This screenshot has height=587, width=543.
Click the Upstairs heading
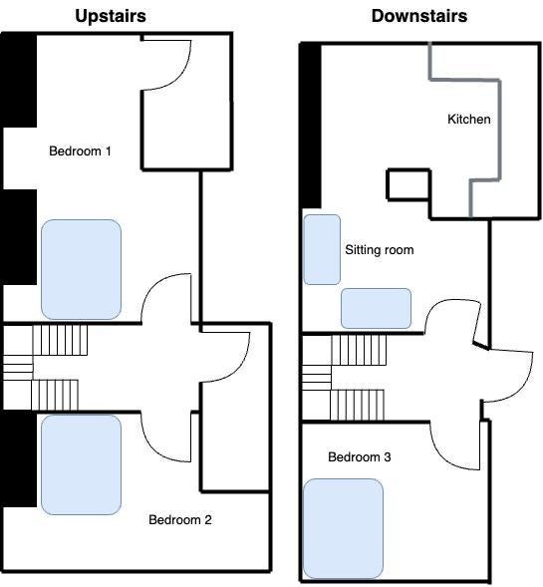pyautogui.click(x=111, y=17)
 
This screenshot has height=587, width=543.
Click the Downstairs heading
pyautogui.click(x=419, y=16)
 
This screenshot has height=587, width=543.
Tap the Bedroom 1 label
pyautogui.click(x=80, y=151)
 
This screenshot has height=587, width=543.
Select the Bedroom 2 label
pyautogui.click(x=180, y=519)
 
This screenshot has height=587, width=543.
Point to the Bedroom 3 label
pyautogui.click(x=360, y=457)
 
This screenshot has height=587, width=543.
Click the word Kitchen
pyautogui.click(x=469, y=119)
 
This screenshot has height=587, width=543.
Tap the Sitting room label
pyautogui.click(x=380, y=250)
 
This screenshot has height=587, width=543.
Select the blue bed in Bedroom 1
pyautogui.click(x=82, y=269)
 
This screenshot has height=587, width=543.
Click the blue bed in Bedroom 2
pyautogui.click(x=82, y=464)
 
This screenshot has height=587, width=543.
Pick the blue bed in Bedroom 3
pyautogui.click(x=343, y=528)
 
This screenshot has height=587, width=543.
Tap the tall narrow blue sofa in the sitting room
pyautogui.click(x=322, y=250)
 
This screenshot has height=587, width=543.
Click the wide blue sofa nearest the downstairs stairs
pyautogui.click(x=376, y=309)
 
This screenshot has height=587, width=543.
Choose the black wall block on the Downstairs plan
pyautogui.click(x=311, y=126)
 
